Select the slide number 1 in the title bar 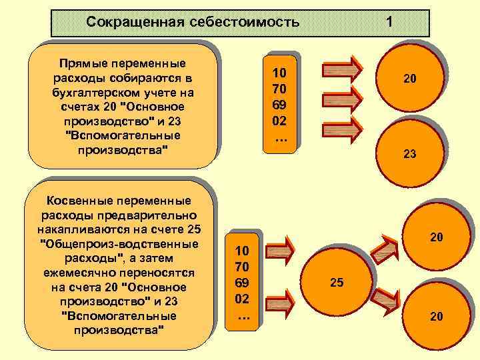click(x=389, y=23)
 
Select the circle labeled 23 click(x=409, y=153)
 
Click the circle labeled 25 click(x=337, y=283)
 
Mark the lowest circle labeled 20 click(x=435, y=317)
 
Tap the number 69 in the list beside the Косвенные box click(x=242, y=283)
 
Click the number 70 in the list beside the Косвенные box click(x=242, y=267)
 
